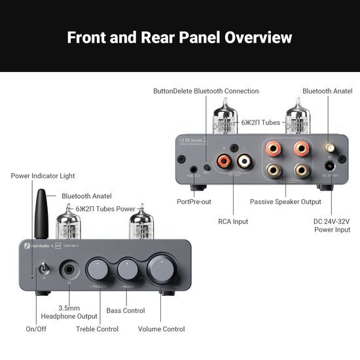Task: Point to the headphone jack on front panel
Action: (69, 270)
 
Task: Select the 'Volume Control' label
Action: (161, 329)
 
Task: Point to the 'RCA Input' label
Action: (233, 222)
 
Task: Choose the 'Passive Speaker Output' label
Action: (285, 202)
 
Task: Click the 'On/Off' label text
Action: (37, 329)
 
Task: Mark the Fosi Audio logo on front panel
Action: (32, 247)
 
